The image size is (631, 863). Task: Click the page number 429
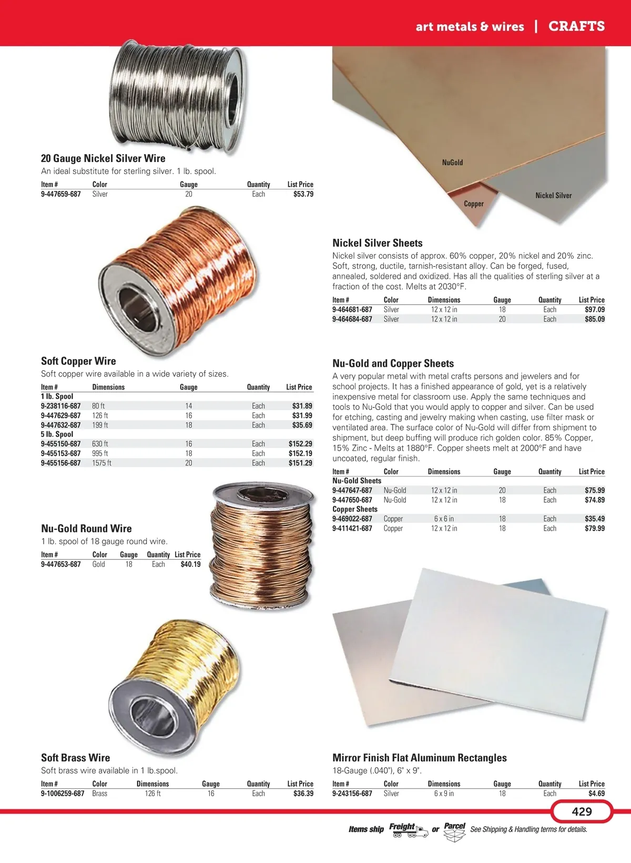(582, 811)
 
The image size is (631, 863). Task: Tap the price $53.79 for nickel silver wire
(303, 194)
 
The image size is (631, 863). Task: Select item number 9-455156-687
(61, 463)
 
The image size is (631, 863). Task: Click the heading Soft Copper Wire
(78, 361)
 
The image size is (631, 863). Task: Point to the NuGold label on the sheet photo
(452, 163)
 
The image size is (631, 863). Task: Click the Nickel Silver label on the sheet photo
(553, 195)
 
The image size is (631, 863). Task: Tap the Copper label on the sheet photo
(473, 204)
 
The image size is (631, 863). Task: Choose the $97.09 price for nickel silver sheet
(594, 310)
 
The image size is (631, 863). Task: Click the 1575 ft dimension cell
(101, 463)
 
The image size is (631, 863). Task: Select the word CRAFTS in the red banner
(576, 26)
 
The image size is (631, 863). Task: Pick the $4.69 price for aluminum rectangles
(596, 794)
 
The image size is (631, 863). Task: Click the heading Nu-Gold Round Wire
(86, 529)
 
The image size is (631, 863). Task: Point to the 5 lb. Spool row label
(57, 434)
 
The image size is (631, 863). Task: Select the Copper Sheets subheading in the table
(355, 509)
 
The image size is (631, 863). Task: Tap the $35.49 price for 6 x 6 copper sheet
(594, 519)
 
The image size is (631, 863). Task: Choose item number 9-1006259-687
(63, 794)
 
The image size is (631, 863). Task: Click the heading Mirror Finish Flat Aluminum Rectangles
(420, 758)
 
